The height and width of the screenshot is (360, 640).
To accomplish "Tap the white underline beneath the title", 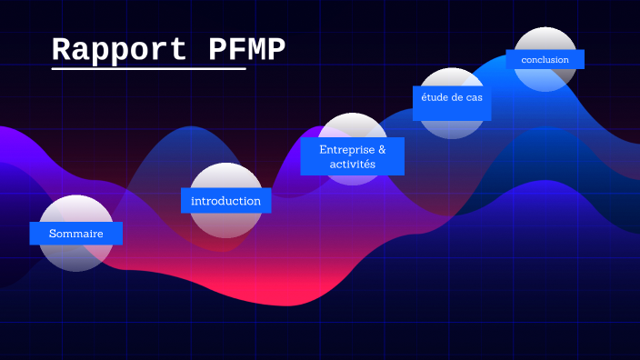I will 148,68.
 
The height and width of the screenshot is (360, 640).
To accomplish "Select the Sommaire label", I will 75,234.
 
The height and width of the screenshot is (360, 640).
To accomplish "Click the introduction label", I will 225,200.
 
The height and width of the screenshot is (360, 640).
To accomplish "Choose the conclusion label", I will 545,60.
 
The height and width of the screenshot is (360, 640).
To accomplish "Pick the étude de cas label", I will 452,97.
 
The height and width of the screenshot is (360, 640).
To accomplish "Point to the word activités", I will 353,164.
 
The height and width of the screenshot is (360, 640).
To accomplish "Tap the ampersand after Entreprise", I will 382,148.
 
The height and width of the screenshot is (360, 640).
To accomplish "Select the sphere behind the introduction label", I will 225,224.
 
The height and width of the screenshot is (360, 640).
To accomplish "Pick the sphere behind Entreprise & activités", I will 353,127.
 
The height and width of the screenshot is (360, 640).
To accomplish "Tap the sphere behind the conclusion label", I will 545,41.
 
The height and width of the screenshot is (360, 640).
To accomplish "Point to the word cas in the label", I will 475,97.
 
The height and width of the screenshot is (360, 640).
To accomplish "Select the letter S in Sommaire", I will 53,234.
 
